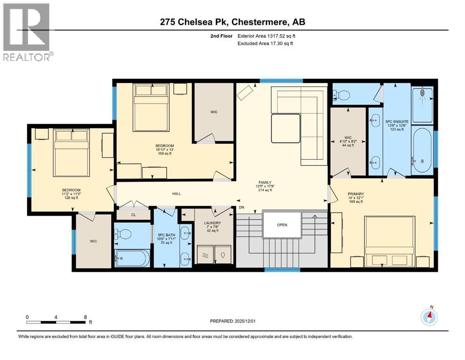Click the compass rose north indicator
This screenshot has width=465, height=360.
pyautogui.click(x=429, y=317)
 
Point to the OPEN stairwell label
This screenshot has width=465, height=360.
pyautogui.click(x=281, y=225)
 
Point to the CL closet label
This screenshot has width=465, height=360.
pyautogui.click(x=133, y=215)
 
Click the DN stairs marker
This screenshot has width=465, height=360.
pyautogui.click(x=242, y=207)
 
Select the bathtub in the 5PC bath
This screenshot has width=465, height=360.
pyautogui.click(x=133, y=258)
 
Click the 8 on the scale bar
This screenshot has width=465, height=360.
pyautogui.click(x=85, y=317)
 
